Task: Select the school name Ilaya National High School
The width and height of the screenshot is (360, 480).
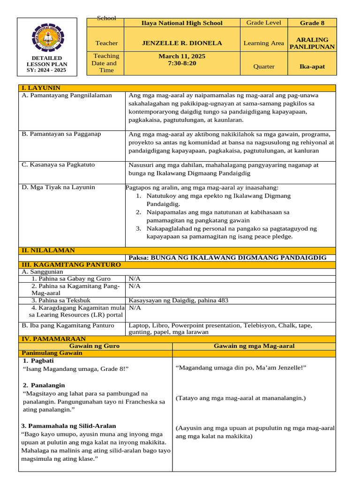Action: (182, 23)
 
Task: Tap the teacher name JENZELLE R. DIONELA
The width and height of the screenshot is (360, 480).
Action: (182, 43)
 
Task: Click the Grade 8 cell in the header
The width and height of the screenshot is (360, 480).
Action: (312, 23)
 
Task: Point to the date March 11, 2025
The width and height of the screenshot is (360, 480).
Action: (182, 56)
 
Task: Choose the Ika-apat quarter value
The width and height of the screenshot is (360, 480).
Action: (312, 67)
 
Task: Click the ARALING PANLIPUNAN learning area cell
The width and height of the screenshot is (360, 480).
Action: (312, 43)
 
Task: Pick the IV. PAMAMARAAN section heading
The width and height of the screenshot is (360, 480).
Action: (52, 338)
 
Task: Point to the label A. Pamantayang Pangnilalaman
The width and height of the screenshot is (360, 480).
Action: (67, 95)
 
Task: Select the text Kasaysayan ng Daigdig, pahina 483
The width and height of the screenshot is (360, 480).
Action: (179, 300)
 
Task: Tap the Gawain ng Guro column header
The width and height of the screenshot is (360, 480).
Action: (96, 346)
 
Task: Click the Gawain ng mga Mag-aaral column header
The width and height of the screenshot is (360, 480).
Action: (254, 346)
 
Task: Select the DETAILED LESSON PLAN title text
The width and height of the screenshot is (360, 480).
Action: (46, 64)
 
